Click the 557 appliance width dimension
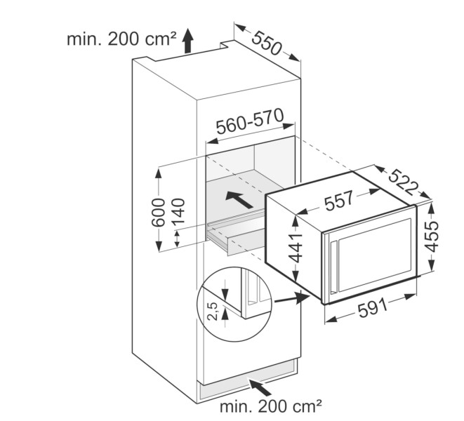coord(338,202)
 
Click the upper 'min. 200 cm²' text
coord(119,39)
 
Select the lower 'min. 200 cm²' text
coord(271,405)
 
